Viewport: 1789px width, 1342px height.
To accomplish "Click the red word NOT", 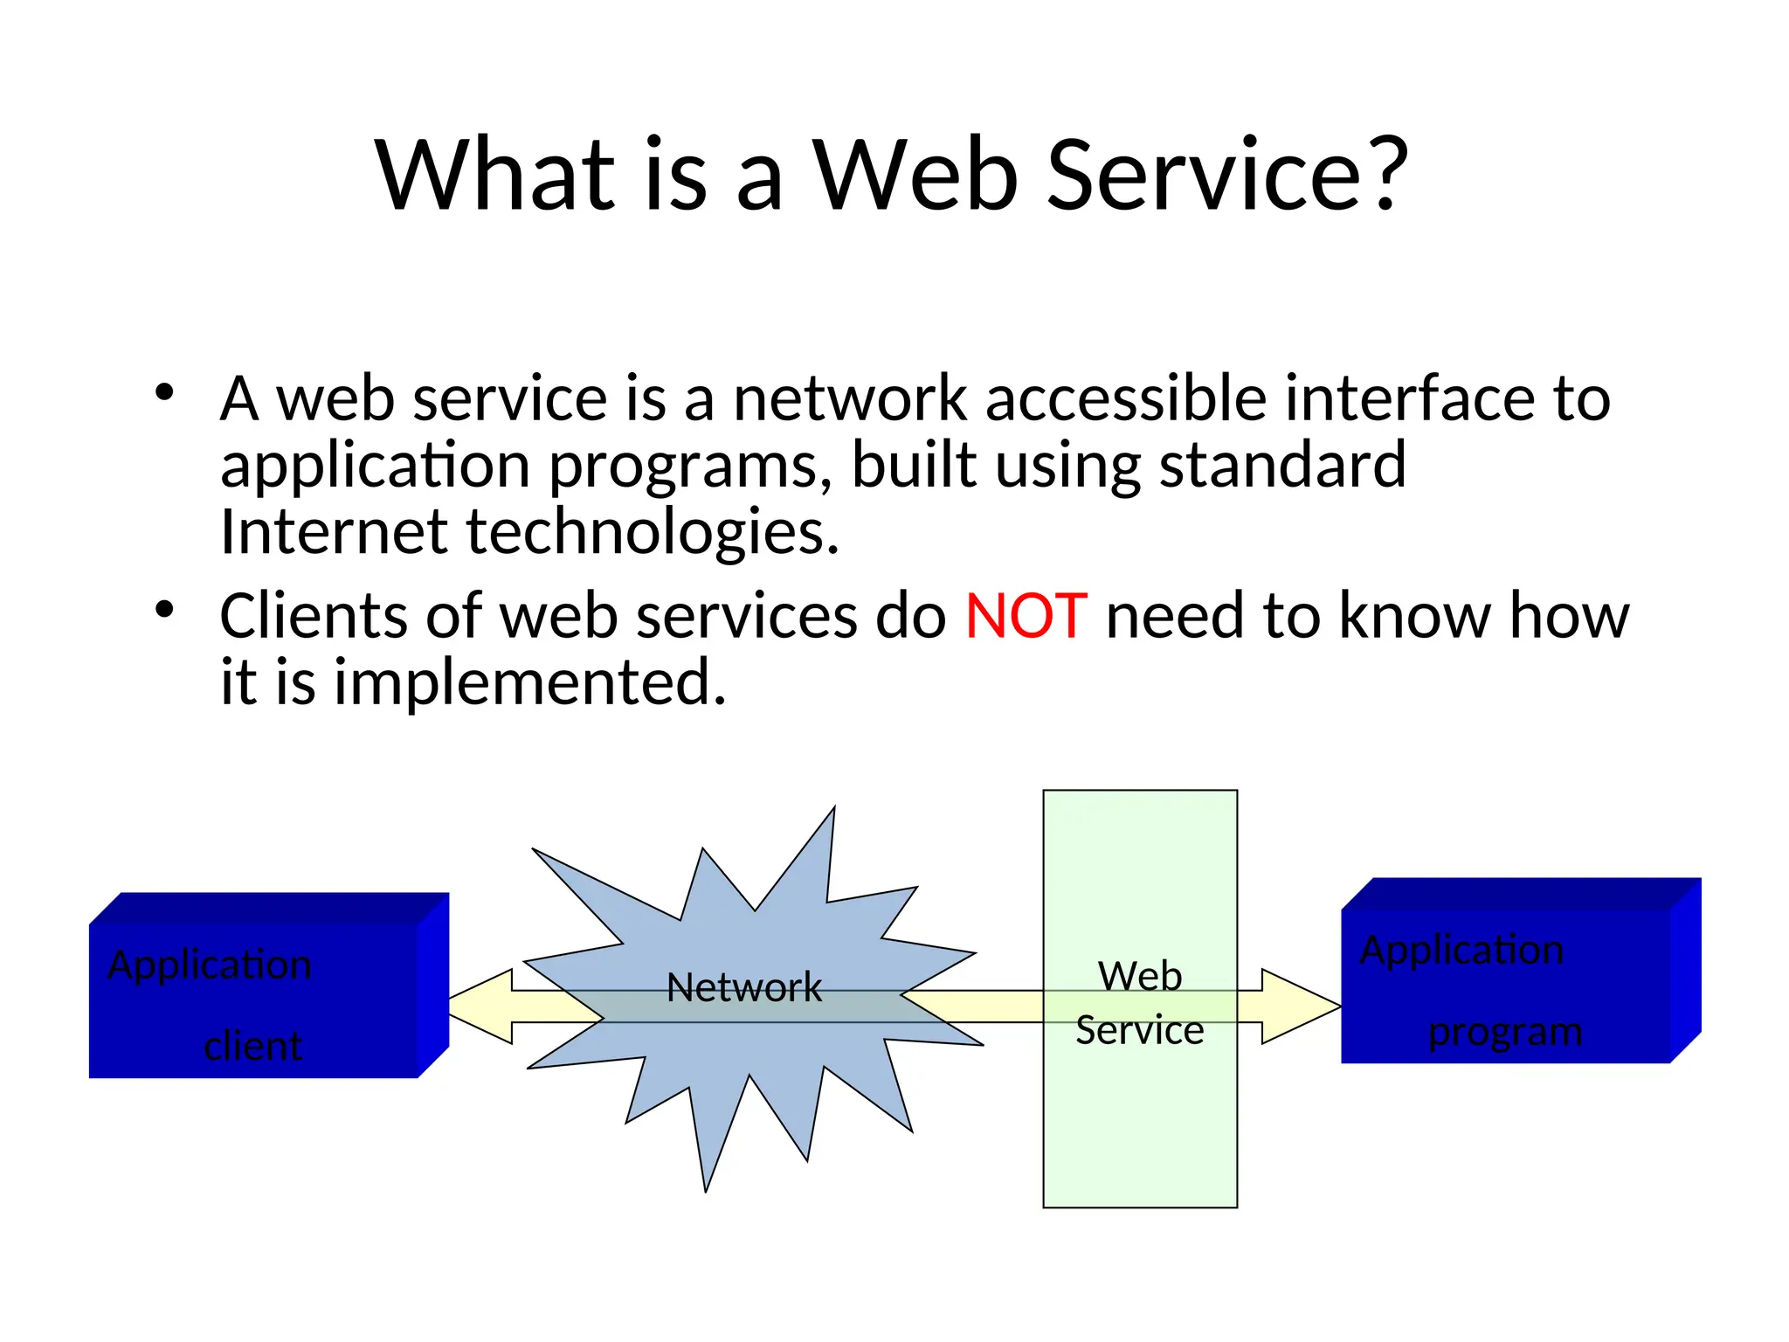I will point(1026,616).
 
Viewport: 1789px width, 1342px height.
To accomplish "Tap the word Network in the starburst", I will point(744,987).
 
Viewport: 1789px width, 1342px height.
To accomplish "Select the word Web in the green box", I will point(1140,976).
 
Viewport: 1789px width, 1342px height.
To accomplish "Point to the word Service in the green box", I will point(1140,1030).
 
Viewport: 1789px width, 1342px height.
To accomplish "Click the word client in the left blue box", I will point(253,1046).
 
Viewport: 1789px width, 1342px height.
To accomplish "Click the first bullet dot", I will point(164,392).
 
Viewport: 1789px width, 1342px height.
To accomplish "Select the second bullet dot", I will point(164,609).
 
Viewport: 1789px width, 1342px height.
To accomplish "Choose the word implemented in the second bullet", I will point(530,682).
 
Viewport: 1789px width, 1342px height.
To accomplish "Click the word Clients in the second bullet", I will point(313,616).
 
